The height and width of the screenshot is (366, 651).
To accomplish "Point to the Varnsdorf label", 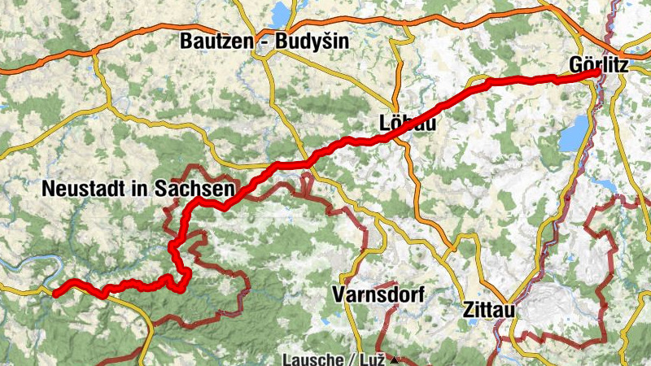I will [x=378, y=295].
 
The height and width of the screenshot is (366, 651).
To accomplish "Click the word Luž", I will [x=378, y=359].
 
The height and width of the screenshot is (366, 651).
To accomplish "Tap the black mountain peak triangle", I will [x=395, y=359].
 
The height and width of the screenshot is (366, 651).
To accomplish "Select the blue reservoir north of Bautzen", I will [x=281, y=13].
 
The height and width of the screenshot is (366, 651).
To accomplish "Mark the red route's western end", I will [x=55, y=294].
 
